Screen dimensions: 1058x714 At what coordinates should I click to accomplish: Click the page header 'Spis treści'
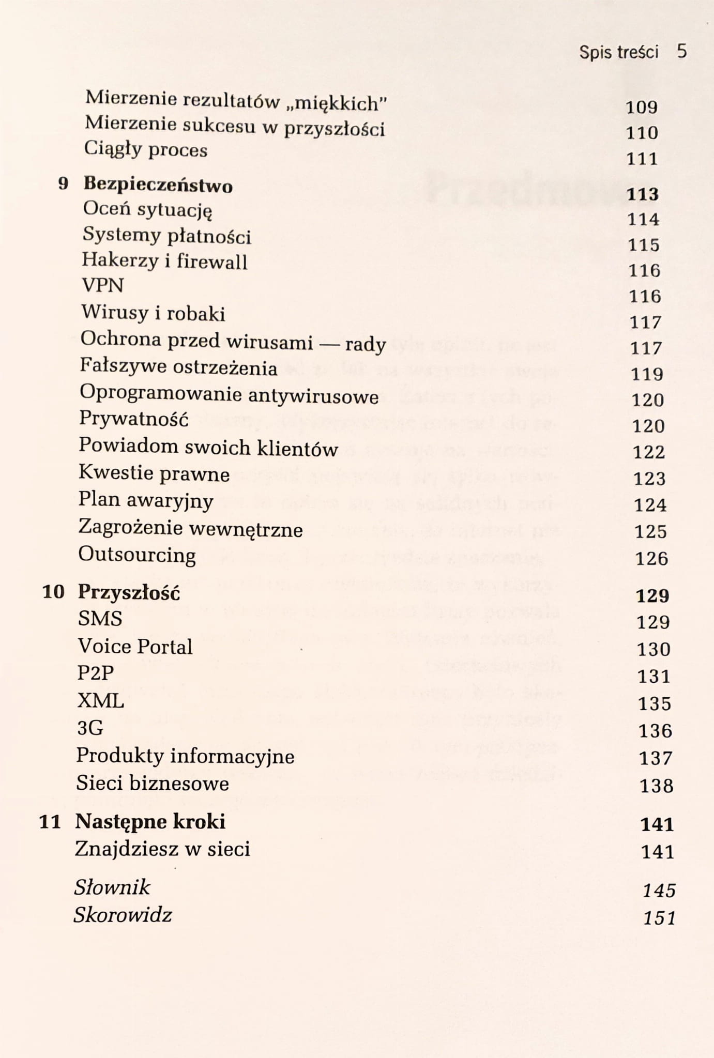(x=618, y=52)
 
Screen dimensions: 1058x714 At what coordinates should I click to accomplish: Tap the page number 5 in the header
(x=682, y=51)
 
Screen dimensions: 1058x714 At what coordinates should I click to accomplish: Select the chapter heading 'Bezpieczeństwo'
(x=158, y=185)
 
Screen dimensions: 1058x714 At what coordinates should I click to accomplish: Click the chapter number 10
(x=53, y=592)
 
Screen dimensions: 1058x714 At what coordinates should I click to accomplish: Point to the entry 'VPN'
(x=103, y=285)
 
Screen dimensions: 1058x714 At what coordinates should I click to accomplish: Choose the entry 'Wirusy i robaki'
(x=153, y=313)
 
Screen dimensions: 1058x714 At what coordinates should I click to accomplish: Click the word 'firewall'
(x=212, y=262)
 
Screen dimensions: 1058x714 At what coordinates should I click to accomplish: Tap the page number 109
(x=642, y=107)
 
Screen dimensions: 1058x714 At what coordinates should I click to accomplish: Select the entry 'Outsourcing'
(x=137, y=555)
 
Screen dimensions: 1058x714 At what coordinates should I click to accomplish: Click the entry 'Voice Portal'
(x=135, y=647)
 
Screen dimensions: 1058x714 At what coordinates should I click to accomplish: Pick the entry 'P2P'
(x=96, y=673)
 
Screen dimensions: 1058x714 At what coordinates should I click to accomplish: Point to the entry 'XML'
(x=101, y=701)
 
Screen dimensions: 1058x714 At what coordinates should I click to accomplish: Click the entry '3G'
(x=90, y=728)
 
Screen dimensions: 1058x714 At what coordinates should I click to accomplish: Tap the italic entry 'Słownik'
(x=112, y=887)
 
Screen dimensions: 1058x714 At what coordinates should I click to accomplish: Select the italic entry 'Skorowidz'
(x=123, y=915)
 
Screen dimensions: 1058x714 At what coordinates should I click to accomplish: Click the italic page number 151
(x=660, y=918)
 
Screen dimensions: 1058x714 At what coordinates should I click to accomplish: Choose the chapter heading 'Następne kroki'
(x=150, y=821)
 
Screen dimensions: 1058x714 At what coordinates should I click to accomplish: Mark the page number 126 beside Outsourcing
(x=651, y=558)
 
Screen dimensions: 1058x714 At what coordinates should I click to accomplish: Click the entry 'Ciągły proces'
(x=146, y=149)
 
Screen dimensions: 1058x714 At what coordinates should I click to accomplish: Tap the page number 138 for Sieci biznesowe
(x=657, y=786)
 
